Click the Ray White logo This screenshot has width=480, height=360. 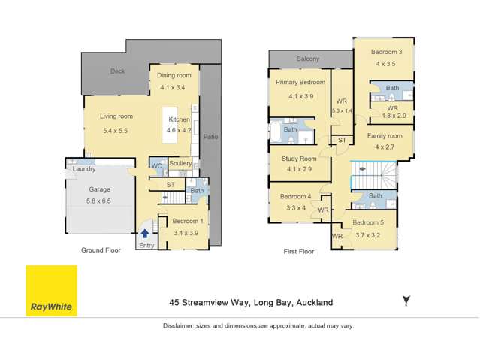point(51,290)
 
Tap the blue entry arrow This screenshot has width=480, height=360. point(145,234)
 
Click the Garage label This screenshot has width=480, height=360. point(100,190)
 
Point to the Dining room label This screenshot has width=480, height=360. point(174,76)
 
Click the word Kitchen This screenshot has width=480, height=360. point(179,120)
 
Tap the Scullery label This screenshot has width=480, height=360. point(180,163)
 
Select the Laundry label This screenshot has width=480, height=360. point(83,169)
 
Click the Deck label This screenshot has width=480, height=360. point(117,72)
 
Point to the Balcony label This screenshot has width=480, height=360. point(307,59)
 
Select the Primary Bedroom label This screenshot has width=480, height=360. point(300,82)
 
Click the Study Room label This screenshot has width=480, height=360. point(300,159)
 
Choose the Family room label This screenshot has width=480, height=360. point(385,136)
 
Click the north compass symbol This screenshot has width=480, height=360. point(406,301)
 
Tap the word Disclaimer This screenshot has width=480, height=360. point(181,326)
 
